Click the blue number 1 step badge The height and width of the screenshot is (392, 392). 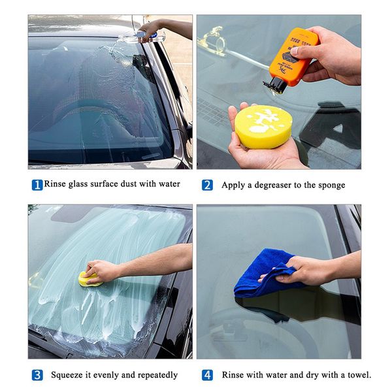37,186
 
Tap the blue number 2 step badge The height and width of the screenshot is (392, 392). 207,186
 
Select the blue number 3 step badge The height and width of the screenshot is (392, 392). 37,375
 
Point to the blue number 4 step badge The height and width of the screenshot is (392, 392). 207,375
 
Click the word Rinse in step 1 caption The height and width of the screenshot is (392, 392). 55,184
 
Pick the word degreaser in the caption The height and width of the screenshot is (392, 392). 272,186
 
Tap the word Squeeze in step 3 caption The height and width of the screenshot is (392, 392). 67,376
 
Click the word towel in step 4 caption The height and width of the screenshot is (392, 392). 360,375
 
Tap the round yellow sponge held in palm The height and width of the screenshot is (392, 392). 263,127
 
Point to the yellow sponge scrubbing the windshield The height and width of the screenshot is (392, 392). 90,280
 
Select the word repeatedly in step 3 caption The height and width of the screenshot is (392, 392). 157,376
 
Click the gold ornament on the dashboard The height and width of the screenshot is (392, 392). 214,40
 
